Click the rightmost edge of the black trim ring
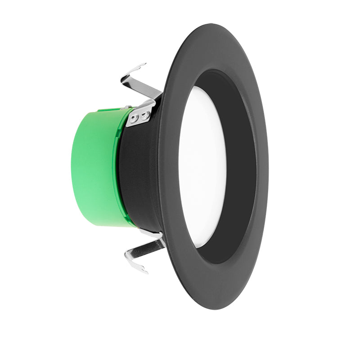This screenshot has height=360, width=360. click(268, 166)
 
